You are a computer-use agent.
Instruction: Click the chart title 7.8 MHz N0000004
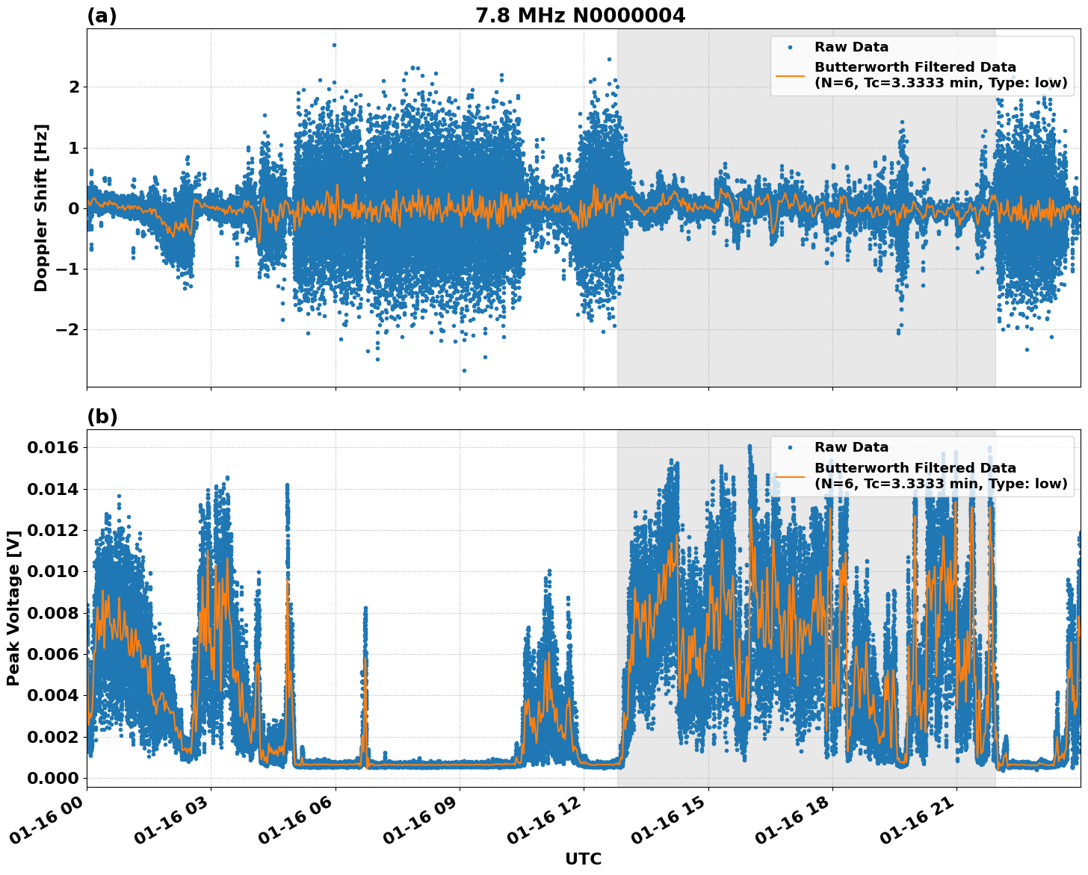point(580,16)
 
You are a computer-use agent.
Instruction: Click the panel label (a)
point(102,16)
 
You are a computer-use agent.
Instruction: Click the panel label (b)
point(102,417)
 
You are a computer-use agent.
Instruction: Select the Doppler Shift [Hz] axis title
point(41,208)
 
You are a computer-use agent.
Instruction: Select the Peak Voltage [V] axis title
point(13,608)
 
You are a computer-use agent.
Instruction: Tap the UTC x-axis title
point(583,859)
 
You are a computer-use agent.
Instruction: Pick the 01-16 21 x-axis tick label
point(917,824)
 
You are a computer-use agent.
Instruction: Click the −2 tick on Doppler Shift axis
point(68,329)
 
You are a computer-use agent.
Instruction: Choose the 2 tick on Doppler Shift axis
point(74,87)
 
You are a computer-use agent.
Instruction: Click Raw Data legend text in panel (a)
point(851,47)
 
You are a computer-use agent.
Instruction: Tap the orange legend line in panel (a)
point(790,75)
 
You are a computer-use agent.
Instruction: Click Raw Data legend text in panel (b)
point(851,447)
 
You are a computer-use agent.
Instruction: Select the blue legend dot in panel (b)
point(790,447)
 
